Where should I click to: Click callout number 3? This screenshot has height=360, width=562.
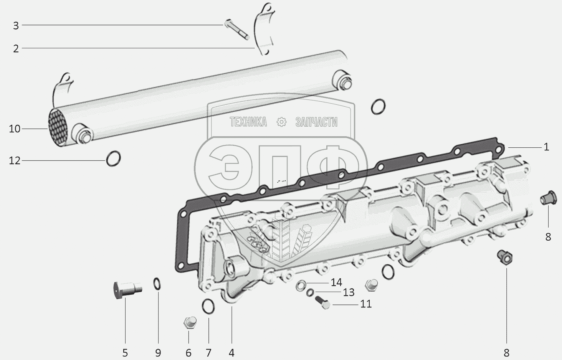click(x=16, y=26)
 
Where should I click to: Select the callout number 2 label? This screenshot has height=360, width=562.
click(x=16, y=49)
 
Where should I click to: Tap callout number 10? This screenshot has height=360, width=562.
click(x=15, y=129)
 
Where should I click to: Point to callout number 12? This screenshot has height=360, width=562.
click(x=15, y=160)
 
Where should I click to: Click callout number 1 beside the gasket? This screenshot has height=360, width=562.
click(x=546, y=147)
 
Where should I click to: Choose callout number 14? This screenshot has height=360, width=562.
click(x=336, y=283)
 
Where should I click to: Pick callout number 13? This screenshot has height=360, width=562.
click(x=349, y=293)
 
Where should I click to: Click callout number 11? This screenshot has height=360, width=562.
click(x=366, y=304)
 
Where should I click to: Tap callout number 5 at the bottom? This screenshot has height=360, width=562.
click(x=125, y=353)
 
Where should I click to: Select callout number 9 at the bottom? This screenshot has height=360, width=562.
click(x=158, y=353)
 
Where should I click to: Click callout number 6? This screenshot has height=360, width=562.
click(x=188, y=353)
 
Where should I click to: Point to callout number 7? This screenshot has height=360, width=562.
click(x=209, y=353)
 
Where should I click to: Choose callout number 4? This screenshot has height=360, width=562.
click(x=231, y=353)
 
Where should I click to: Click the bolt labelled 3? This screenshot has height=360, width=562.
click(x=236, y=30)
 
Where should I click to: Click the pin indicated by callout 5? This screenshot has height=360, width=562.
click(x=127, y=289)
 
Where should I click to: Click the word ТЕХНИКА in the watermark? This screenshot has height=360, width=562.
click(x=248, y=122)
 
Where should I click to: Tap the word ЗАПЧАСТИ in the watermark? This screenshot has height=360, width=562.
click(x=316, y=122)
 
